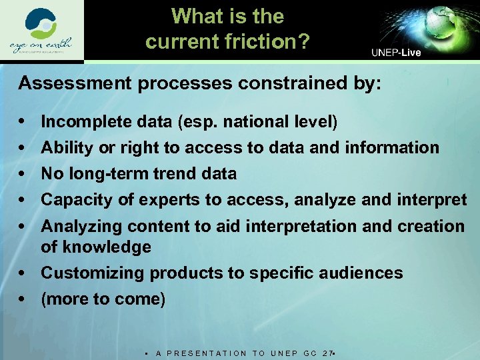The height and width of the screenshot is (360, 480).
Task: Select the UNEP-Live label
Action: pos(396,53)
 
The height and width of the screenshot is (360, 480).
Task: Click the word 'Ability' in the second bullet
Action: pos(67,147)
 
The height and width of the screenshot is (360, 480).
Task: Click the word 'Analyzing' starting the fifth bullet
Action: pos(81,227)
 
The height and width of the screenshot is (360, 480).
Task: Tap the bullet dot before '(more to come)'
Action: pos(23,299)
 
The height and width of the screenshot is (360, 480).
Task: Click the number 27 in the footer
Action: pos(327,353)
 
